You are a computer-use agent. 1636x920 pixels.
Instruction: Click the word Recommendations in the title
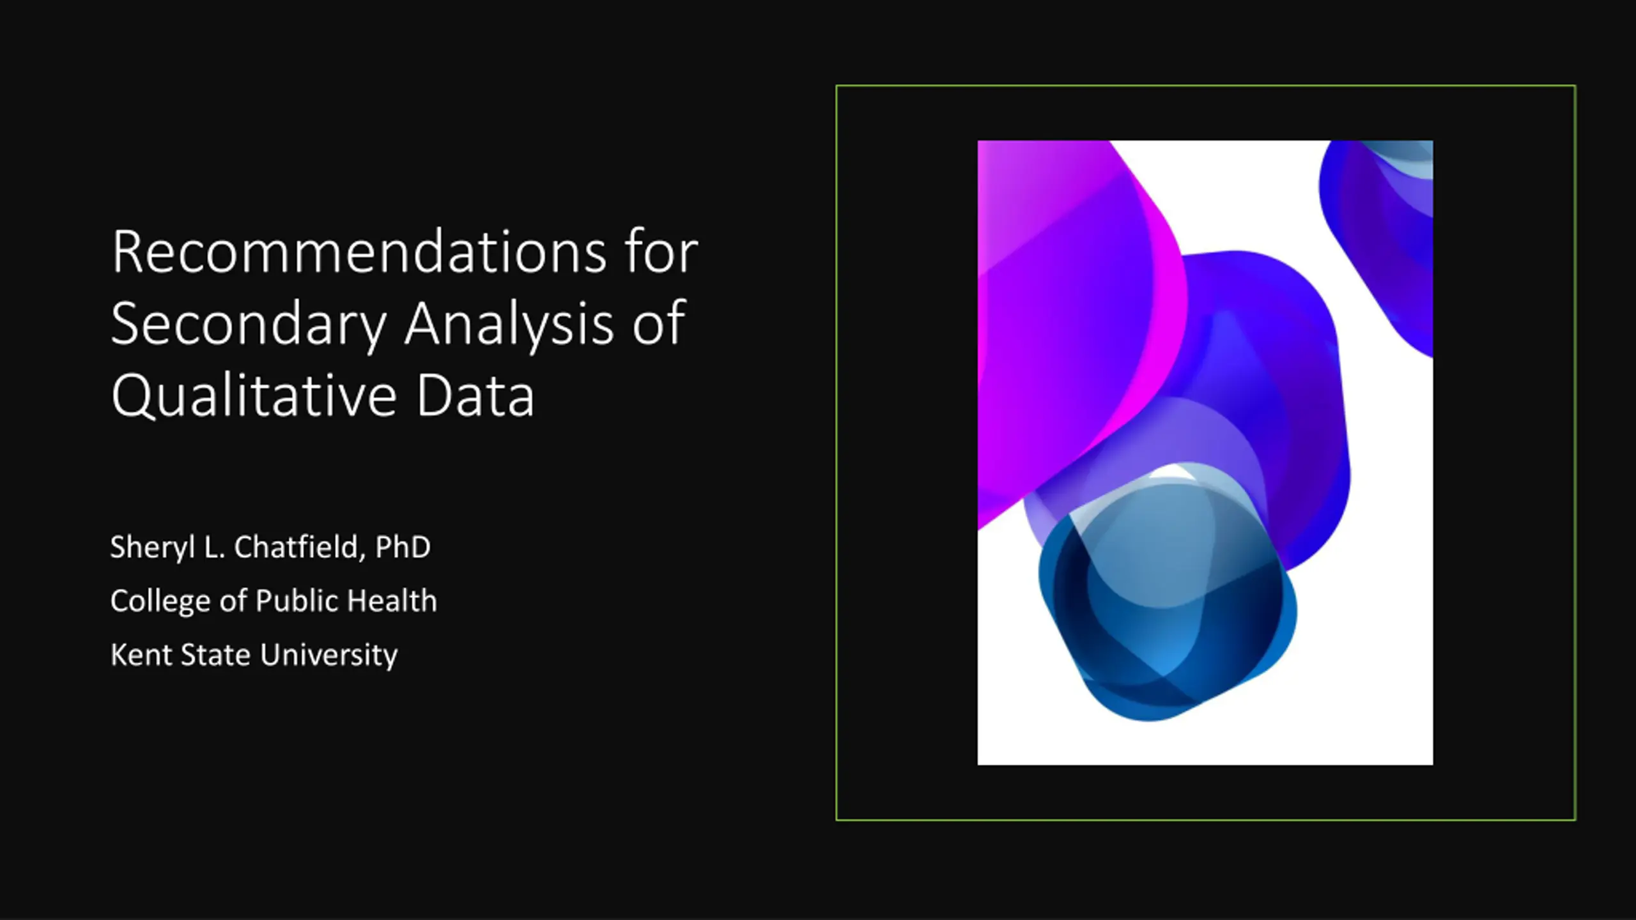click(359, 252)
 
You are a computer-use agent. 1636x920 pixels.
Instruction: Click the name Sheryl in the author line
click(152, 548)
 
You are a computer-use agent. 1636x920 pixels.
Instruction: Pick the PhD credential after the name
click(403, 548)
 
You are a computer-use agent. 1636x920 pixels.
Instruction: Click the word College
click(160, 602)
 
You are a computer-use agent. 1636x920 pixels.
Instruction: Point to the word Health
click(392, 601)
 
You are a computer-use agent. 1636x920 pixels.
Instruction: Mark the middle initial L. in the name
click(214, 548)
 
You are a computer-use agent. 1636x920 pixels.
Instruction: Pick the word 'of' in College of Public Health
click(233, 601)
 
